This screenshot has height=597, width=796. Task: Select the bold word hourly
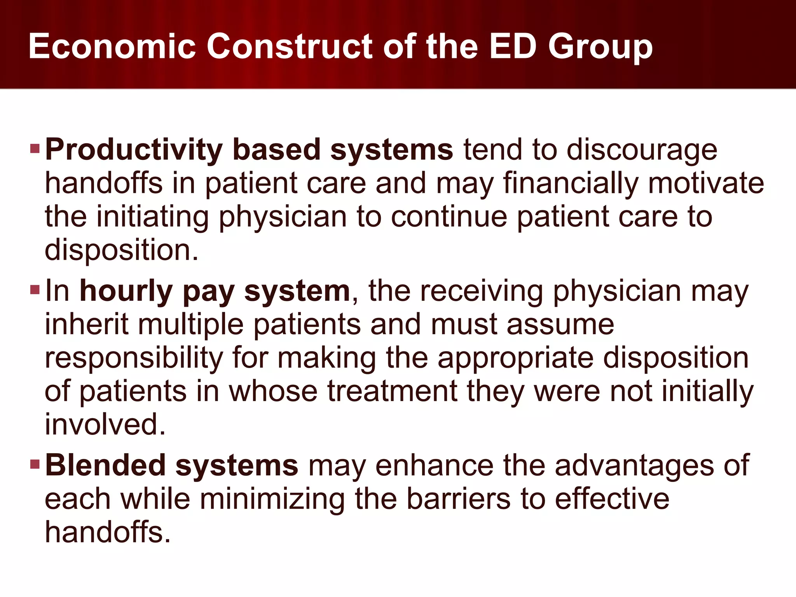126,292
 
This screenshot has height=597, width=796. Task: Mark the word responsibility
134,358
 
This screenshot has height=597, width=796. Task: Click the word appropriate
515,358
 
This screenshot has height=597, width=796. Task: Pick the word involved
105,424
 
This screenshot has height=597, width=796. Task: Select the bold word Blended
105,466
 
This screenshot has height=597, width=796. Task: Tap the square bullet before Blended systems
35,464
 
